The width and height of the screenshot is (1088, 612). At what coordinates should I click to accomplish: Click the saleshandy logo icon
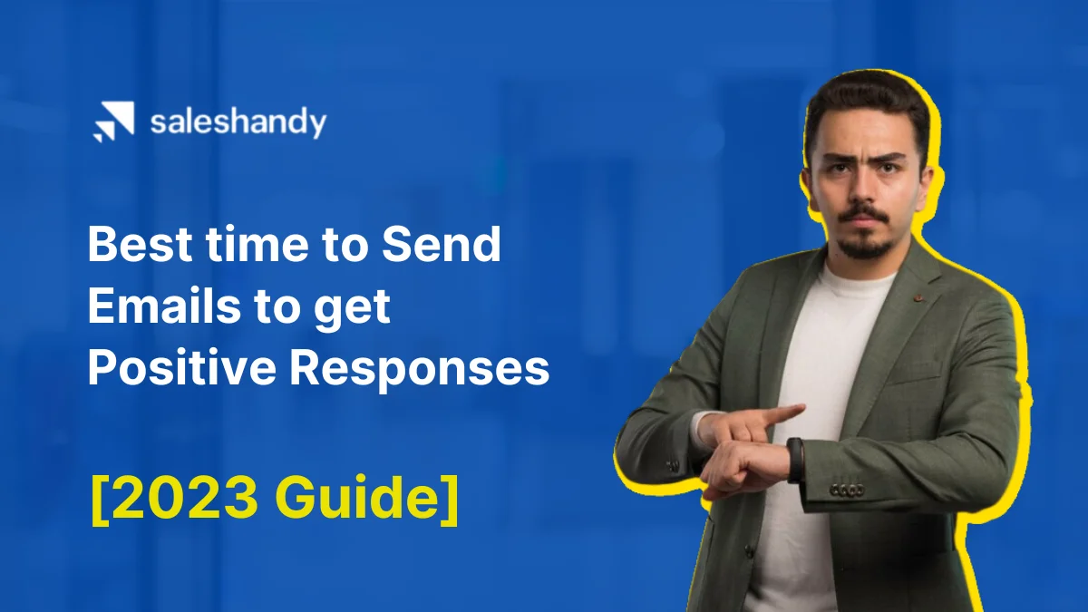pyautogui.click(x=112, y=122)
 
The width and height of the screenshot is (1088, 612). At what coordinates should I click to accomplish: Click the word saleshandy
pyautogui.click(x=238, y=122)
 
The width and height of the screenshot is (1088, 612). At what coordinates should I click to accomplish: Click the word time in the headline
pyautogui.click(x=242, y=246)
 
